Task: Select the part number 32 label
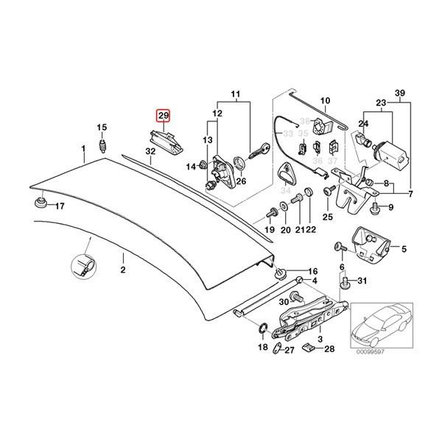150,152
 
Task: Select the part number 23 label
381,103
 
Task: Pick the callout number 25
328,217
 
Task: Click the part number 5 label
403,250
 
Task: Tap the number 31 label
361,281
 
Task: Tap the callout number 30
283,302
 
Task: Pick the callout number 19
270,230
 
